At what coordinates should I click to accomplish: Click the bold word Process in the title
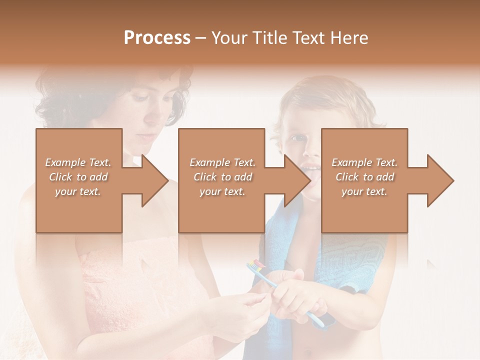click(157, 38)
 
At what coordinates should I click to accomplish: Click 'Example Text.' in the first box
click(78, 162)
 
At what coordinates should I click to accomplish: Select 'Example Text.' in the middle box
click(222, 162)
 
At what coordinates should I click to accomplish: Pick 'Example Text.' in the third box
click(364, 162)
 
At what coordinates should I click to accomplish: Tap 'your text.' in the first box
click(78, 191)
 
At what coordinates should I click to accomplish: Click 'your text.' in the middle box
click(222, 191)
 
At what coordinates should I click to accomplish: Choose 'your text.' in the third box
click(364, 191)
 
